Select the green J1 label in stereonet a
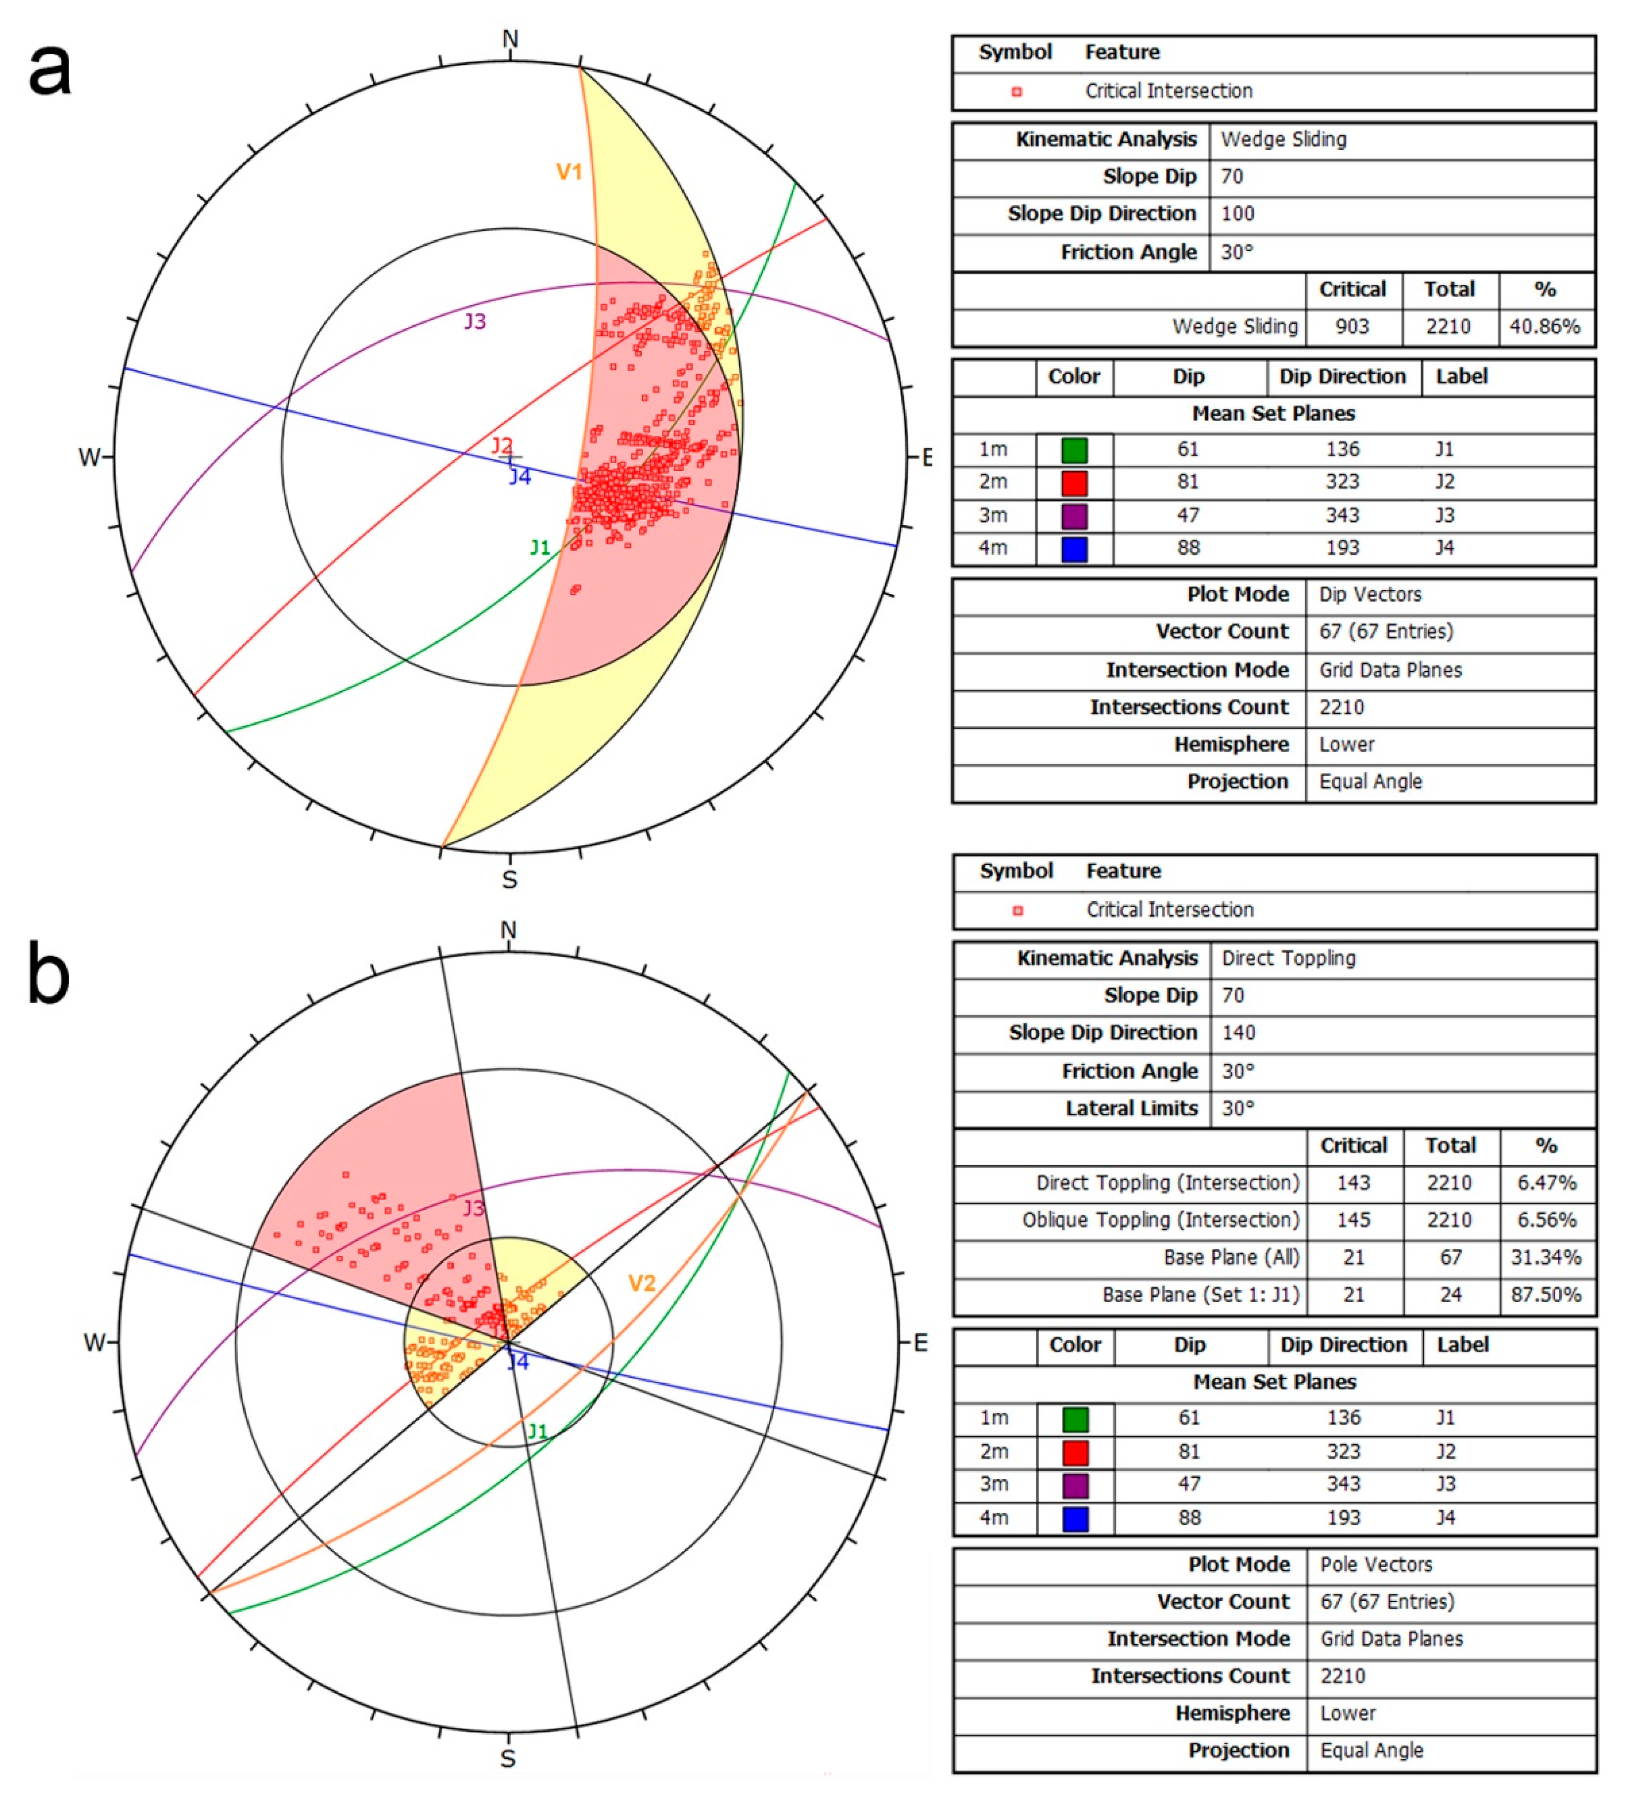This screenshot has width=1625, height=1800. click(x=539, y=547)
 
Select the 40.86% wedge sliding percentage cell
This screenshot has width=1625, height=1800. click(x=1544, y=327)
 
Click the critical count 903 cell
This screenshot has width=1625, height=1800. click(x=1352, y=327)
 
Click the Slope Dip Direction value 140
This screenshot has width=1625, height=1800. click(x=1238, y=1033)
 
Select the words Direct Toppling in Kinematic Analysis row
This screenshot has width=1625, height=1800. click(x=1288, y=958)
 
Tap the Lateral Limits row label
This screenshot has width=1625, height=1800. click(x=1131, y=1108)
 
